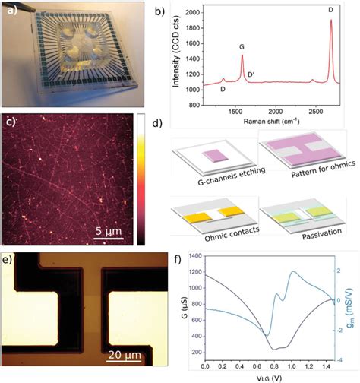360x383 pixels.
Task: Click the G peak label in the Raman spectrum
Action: (242, 47)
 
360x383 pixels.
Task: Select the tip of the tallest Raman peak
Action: (331, 21)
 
